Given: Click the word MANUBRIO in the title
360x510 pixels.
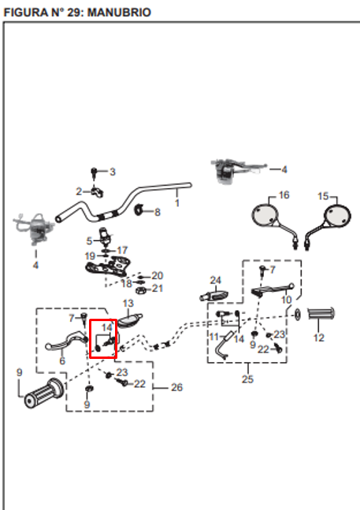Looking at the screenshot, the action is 119,13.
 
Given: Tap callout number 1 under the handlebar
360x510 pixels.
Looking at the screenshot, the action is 177,203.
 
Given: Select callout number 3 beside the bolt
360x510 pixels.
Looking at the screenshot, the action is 113,172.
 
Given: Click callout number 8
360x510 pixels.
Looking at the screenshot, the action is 158,212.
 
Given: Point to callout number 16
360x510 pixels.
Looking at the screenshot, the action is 284,195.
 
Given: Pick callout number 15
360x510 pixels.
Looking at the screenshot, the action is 323,196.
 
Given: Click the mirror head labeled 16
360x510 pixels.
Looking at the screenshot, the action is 265,215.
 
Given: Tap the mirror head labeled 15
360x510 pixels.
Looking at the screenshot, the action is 337,215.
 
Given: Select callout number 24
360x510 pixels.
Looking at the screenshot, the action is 216,280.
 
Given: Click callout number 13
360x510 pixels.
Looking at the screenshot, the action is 128,303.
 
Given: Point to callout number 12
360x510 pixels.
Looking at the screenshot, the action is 319,338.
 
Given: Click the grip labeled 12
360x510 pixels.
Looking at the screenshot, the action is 321,314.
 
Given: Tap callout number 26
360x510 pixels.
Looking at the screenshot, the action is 176,387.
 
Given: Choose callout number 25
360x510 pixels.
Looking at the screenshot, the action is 247,379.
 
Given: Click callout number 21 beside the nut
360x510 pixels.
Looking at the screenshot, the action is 158,288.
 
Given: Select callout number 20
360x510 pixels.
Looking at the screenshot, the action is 158,275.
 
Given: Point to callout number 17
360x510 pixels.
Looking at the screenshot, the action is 122,250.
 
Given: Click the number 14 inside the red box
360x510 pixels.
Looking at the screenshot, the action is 107,327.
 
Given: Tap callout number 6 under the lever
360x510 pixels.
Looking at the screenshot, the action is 62,360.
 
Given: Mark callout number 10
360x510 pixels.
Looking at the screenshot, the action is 287,300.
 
